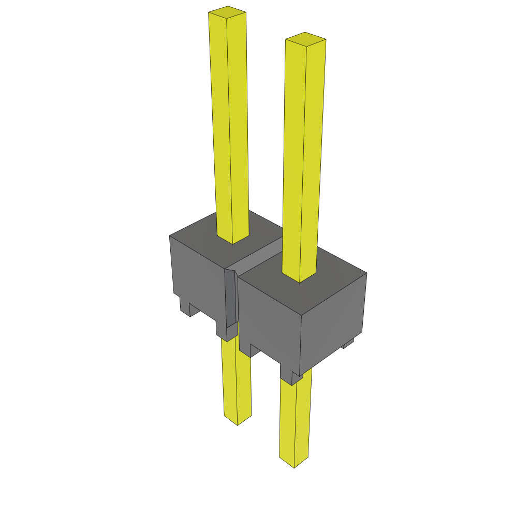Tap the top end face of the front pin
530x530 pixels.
[x=305, y=39]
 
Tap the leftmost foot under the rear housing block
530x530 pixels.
[x=185, y=307]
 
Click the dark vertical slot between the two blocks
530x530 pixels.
[x=231, y=300]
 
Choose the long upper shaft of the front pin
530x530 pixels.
[x=303, y=155]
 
